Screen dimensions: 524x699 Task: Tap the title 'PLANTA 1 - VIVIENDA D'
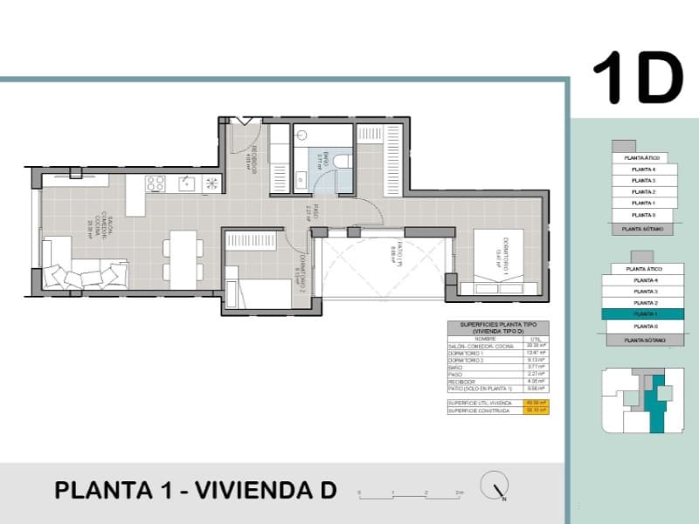click(x=195, y=490)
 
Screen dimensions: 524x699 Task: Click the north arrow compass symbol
click(x=495, y=486)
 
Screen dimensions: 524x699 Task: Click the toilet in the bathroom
click(x=344, y=162)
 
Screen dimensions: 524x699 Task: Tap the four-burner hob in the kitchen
click(x=156, y=183)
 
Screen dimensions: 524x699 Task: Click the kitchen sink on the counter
click(x=186, y=183)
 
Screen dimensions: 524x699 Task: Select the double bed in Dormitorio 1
click(x=498, y=262)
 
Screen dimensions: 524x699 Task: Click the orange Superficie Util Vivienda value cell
click(x=536, y=403)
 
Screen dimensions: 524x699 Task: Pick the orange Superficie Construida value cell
click(x=536, y=410)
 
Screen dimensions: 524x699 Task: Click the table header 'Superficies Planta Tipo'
click(x=497, y=328)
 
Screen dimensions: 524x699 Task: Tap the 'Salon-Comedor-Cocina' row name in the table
click(x=472, y=347)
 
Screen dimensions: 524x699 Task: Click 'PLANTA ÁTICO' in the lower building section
click(x=643, y=269)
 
